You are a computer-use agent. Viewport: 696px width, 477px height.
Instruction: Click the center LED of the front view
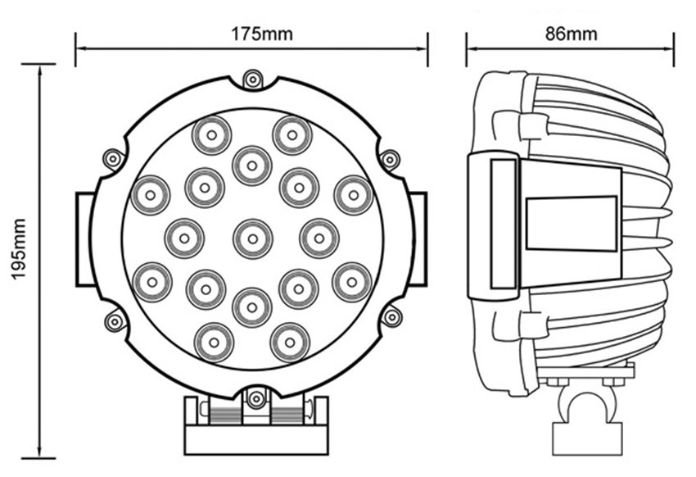click(x=252, y=239)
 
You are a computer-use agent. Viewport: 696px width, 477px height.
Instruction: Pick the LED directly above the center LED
click(x=252, y=166)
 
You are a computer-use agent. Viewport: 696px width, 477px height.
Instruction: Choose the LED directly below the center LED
click(x=252, y=307)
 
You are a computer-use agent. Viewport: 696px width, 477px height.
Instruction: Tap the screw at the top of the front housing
click(x=253, y=79)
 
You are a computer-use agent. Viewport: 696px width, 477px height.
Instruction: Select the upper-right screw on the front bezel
click(x=391, y=160)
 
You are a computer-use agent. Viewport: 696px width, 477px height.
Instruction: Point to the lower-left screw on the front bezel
click(x=115, y=320)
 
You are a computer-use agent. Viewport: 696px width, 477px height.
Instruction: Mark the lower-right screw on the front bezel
click(x=392, y=316)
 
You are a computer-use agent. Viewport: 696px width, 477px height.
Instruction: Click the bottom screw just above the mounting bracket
click(x=256, y=399)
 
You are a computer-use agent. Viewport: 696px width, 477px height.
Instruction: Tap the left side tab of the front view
click(x=85, y=238)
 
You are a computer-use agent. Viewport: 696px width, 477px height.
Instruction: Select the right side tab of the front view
click(x=418, y=238)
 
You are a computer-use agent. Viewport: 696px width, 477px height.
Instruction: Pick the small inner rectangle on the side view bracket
click(x=571, y=223)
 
